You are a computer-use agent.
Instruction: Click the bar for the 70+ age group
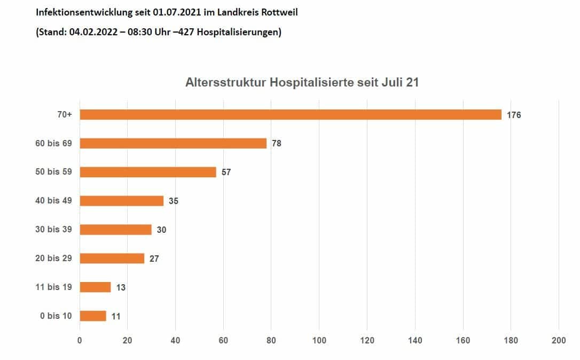[291, 115]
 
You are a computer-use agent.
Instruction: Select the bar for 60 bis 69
[173, 143]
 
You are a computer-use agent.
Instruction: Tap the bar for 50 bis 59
[148, 172]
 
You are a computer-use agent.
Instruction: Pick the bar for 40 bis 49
[122, 201]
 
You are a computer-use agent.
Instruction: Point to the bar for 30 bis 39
[115, 230]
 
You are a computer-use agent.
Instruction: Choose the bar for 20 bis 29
[112, 259]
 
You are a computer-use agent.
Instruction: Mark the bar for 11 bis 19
[95, 287]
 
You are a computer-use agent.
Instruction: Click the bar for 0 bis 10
[93, 316]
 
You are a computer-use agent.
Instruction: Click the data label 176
[514, 115]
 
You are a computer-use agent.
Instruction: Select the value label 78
[276, 144]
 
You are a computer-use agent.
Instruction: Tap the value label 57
[226, 173]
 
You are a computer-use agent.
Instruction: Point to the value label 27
[154, 259]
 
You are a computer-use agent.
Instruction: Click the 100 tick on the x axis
[319, 340]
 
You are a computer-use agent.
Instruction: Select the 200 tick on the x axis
[559, 340]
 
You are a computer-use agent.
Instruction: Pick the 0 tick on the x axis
[80, 340]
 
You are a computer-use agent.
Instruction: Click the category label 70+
[65, 115]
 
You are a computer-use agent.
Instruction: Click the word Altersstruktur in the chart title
[225, 83]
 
